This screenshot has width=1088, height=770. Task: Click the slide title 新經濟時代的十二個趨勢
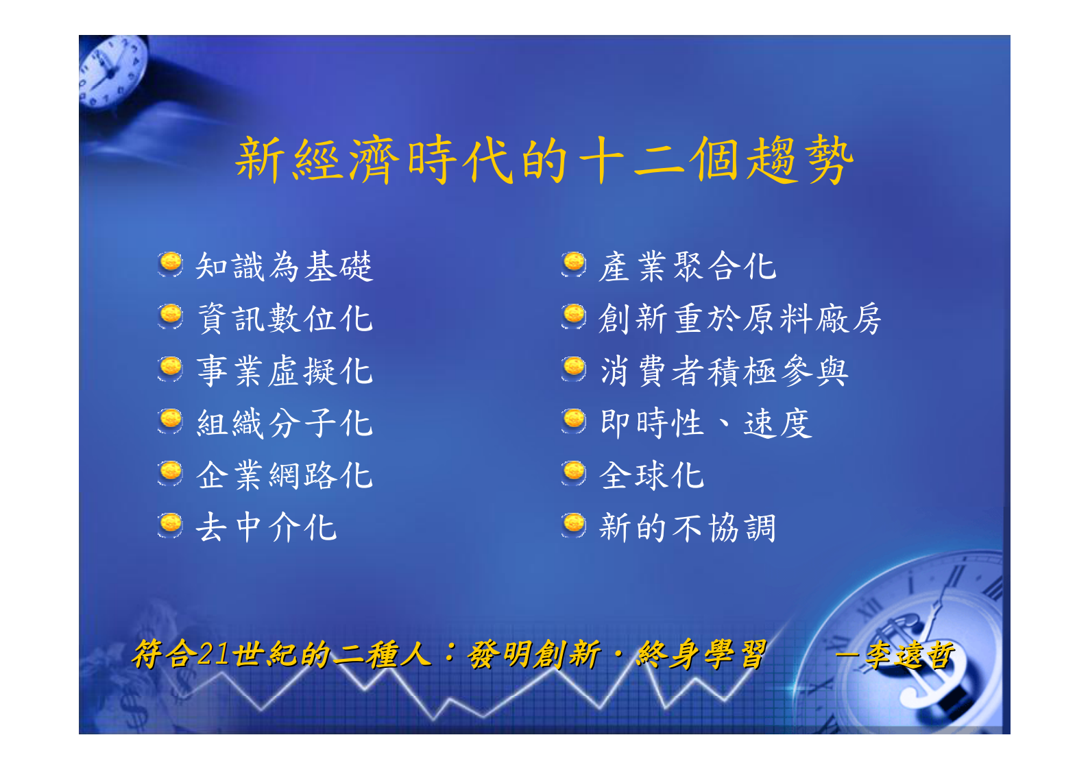coord(544,160)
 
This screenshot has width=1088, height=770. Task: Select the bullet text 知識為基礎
coord(284,266)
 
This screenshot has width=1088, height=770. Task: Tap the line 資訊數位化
coord(284,319)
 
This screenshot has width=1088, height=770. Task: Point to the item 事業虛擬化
coord(284,371)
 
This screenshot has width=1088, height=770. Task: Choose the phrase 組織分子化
coord(284,423)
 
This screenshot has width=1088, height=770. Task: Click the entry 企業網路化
coord(284,475)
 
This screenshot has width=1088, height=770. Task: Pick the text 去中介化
coord(266,527)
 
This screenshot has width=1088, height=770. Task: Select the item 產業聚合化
coord(687,266)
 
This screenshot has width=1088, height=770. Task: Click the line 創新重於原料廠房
coord(739,319)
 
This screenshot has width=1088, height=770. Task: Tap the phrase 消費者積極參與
coord(723,371)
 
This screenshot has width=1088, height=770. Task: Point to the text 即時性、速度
coord(705,423)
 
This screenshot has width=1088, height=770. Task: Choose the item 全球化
coord(651,475)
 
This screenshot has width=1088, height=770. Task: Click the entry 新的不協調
coord(687,527)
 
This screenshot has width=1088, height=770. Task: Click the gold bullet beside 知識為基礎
coord(170,263)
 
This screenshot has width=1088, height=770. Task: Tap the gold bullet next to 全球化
coord(574,472)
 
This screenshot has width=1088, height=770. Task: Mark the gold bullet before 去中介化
coord(170,525)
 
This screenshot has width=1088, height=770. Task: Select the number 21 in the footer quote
coord(213,654)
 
